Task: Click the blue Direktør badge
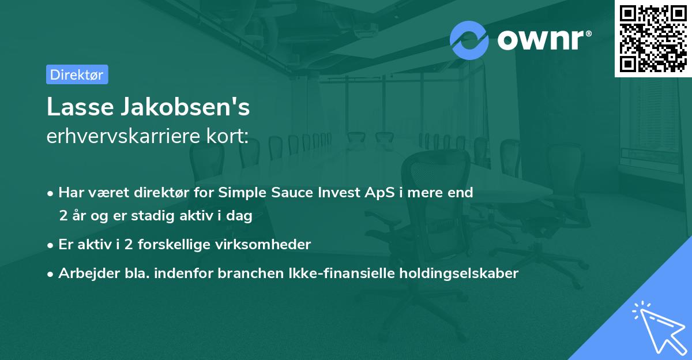pos(77,74)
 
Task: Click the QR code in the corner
pos(653,38)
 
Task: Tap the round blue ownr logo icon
pos(469,40)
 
